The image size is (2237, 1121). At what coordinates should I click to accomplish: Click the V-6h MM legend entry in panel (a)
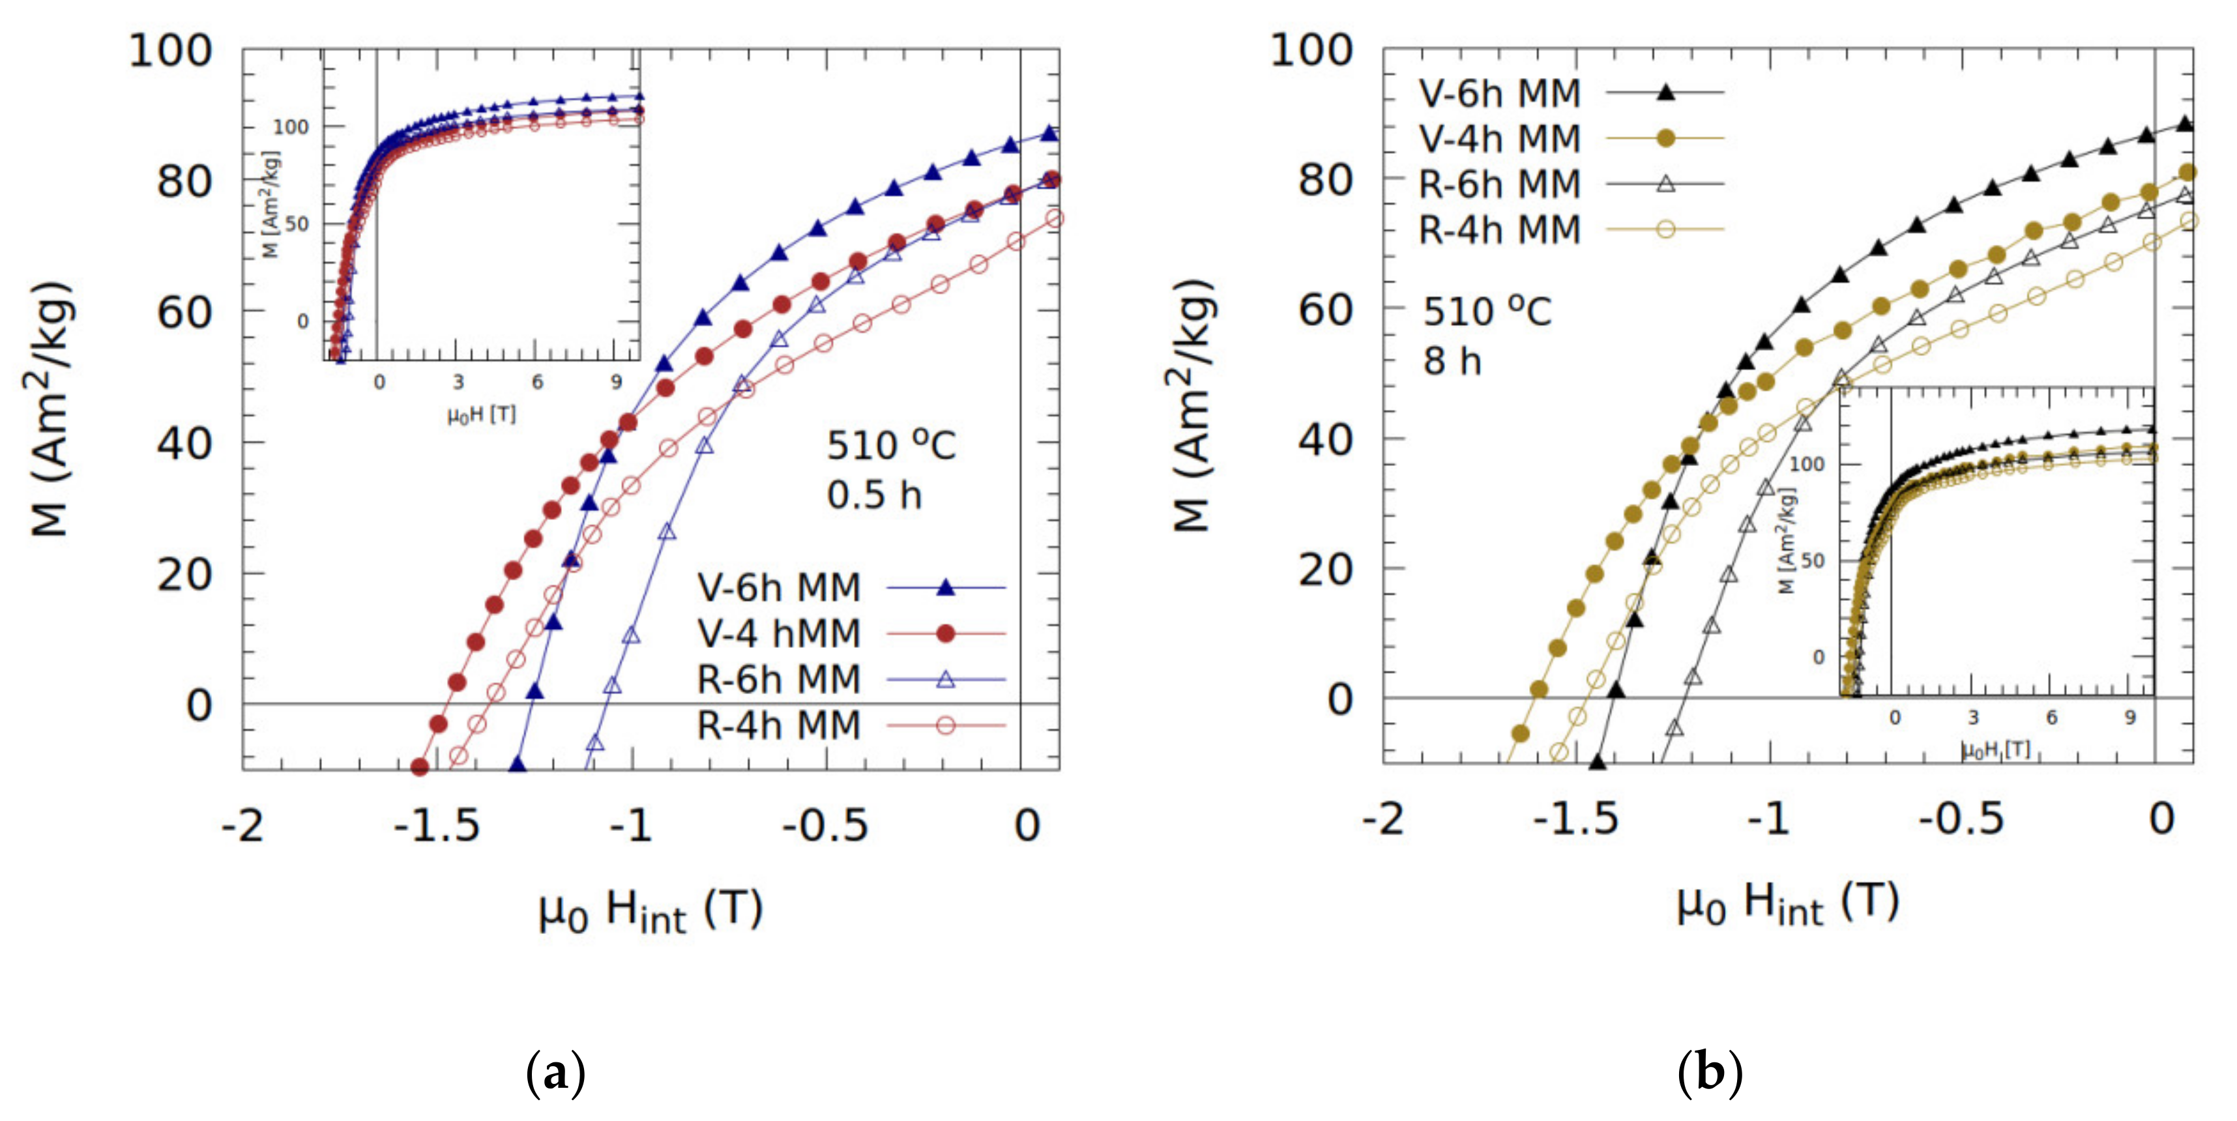778,588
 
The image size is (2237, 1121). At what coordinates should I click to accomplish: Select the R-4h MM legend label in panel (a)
778,725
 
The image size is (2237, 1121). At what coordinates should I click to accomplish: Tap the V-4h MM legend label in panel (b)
1499,139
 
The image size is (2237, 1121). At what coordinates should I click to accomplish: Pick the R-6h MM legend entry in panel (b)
1499,184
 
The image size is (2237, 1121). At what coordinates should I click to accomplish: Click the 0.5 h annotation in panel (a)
873,495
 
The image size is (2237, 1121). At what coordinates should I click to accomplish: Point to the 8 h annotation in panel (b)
1451,361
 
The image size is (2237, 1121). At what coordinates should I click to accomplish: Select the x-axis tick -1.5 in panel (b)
1575,819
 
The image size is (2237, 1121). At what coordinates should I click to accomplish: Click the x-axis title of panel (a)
650,911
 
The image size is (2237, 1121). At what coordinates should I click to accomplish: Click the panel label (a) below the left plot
556,1073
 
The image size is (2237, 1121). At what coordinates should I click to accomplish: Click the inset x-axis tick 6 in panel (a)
536,382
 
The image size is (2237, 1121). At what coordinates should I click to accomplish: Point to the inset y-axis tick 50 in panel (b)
1813,560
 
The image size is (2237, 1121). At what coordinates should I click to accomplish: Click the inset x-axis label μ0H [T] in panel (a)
482,415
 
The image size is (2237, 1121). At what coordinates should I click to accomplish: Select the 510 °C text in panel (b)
1486,312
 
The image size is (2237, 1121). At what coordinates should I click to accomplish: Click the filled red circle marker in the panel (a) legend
946,634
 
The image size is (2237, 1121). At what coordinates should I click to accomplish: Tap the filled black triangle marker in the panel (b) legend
1665,92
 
